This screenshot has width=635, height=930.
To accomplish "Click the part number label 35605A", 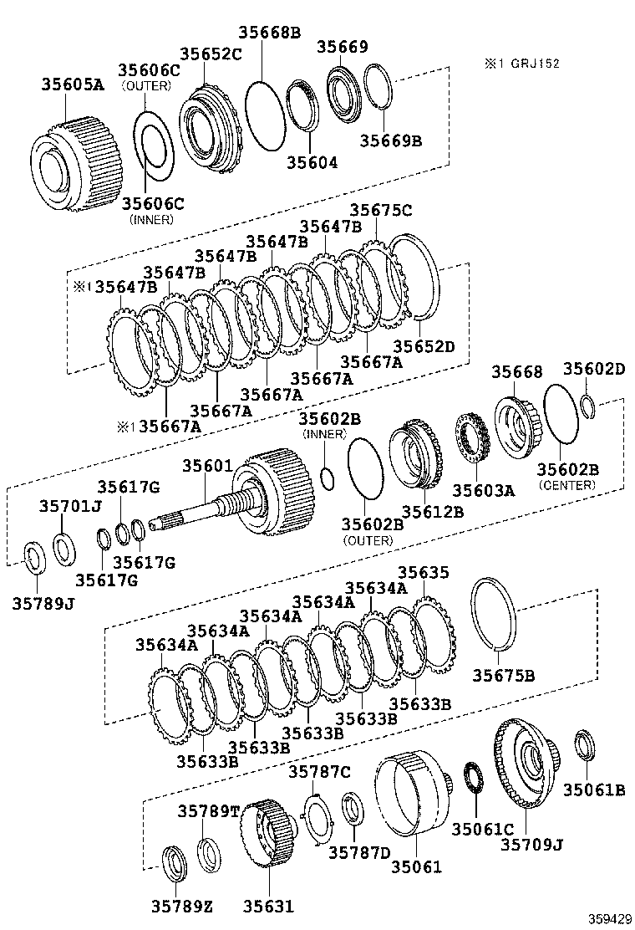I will click(74, 84).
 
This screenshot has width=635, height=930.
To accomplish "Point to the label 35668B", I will click(269, 33).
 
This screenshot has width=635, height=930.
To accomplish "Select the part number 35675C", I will click(380, 211).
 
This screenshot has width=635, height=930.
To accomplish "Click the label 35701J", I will click(69, 505).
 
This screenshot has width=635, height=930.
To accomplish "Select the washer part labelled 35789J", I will click(33, 559).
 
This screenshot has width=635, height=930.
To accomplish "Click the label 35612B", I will click(432, 511).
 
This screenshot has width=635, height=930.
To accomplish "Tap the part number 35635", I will click(423, 573).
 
